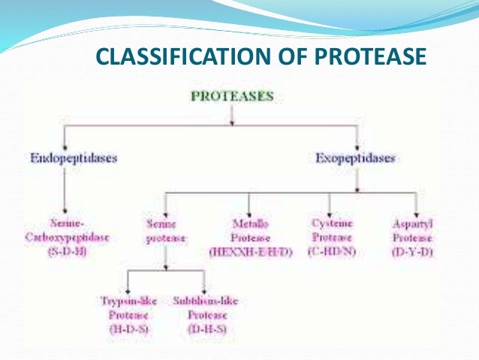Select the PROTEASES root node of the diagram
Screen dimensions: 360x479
[x=232, y=96]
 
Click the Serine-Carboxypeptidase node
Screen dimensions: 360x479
[x=68, y=231]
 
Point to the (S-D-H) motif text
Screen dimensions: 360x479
[x=68, y=251]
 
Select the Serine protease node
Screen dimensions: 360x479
[x=164, y=231]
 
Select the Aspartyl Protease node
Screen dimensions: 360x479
[x=414, y=231]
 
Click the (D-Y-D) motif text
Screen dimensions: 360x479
[x=414, y=251]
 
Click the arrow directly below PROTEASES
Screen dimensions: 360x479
[x=232, y=115]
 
